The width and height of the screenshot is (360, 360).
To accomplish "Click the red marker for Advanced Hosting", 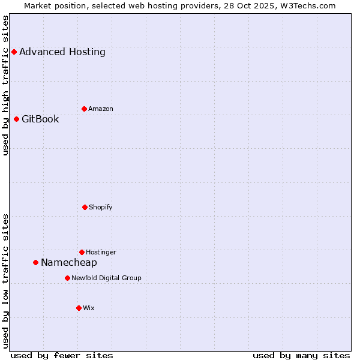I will tap(14, 52).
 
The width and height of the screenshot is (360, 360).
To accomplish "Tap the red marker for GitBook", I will tap(16, 119).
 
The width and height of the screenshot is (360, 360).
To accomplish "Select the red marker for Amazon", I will tap(84, 109).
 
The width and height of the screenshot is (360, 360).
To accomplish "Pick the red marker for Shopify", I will tap(85, 207).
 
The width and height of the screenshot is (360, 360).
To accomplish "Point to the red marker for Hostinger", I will tap(82, 252).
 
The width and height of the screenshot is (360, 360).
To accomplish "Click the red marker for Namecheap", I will tap(35, 262).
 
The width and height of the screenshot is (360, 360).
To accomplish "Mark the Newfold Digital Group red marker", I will tap(67, 278).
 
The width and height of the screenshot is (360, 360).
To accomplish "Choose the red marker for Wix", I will tap(79, 308).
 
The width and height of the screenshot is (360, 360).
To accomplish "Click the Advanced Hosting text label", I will tap(62, 52).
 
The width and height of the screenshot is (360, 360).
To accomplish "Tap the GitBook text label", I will tap(40, 119).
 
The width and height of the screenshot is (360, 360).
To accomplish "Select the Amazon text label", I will tap(101, 109).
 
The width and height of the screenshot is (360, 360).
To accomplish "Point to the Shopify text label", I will tap(101, 207).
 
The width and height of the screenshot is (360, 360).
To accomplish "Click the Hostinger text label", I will tap(101, 252).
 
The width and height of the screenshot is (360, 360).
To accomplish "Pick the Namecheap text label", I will tap(69, 262).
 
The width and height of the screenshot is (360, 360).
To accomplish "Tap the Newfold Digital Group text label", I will tap(106, 278).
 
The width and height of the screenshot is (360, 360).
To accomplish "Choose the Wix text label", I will tap(89, 308).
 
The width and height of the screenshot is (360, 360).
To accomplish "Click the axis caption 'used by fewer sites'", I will tap(62, 355).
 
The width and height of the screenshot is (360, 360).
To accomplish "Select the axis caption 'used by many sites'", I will tap(301, 355).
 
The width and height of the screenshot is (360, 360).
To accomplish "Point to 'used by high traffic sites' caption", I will tap(5, 85).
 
